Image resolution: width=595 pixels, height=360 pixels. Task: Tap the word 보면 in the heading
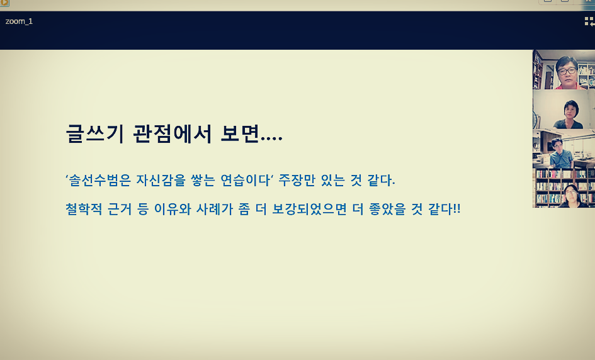click(239, 133)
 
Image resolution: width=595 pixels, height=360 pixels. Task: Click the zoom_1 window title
click(19, 21)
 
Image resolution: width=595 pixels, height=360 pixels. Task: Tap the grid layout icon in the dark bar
click(589, 21)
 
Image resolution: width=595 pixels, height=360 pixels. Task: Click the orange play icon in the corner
click(4, 3)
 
